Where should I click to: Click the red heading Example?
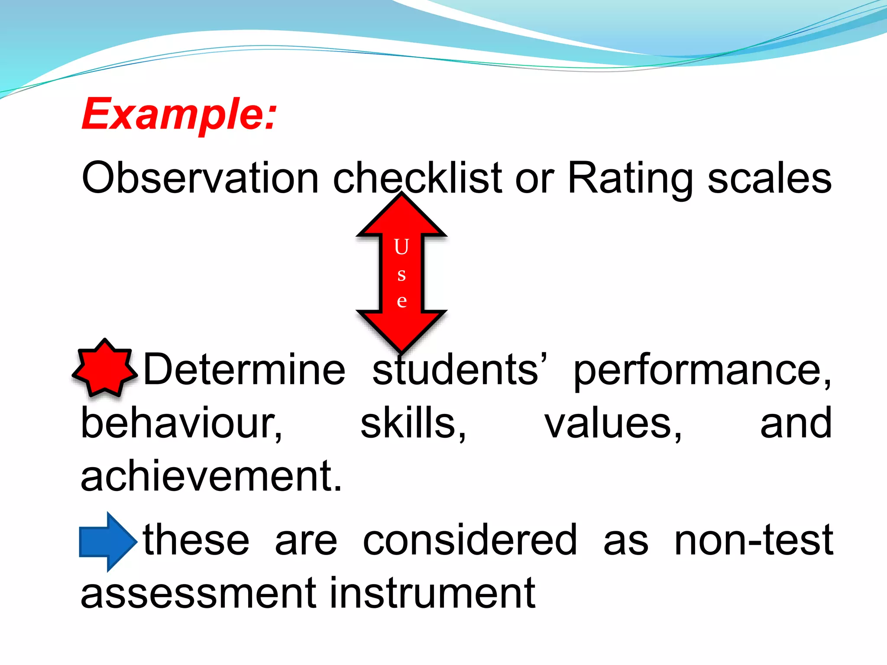pyautogui.click(x=179, y=114)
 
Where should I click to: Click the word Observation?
pyautogui.click(x=200, y=178)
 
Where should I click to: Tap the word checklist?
pyautogui.click(x=417, y=178)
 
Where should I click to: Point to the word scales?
pyautogui.click(x=769, y=178)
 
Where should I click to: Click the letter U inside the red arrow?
pyautogui.click(x=401, y=247)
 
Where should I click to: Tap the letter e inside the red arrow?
pyautogui.click(x=401, y=300)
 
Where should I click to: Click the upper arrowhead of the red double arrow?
pyautogui.click(x=401, y=216)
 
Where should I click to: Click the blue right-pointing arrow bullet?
pyautogui.click(x=107, y=541)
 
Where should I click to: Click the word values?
pyautogui.click(x=613, y=424)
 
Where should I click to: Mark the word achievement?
pyautogui.click(x=211, y=476)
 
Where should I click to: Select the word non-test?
pyautogui.click(x=754, y=540)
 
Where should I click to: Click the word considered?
pyautogui.click(x=470, y=540)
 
